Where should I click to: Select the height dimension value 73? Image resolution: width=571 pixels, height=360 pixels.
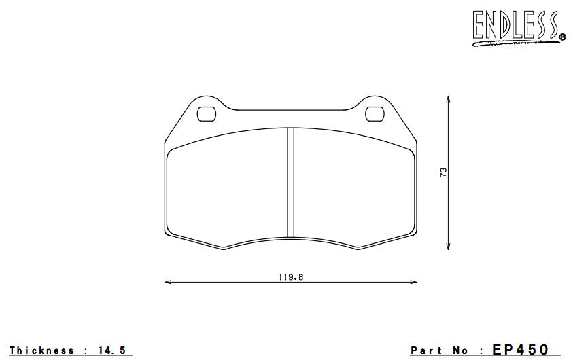[x=443, y=173]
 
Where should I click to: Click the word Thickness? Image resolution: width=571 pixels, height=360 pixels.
[x=41, y=350]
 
